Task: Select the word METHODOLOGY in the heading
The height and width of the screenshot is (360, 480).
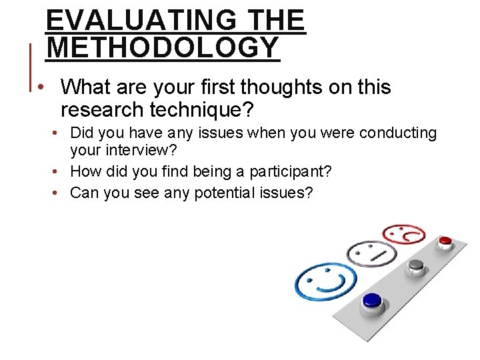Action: click(163, 48)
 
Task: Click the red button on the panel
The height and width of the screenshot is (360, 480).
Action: click(445, 241)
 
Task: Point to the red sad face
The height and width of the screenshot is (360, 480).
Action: click(404, 234)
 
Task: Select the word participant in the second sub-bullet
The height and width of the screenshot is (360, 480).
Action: click(285, 171)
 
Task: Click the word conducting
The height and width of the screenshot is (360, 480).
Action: click(398, 133)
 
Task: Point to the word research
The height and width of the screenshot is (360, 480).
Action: click(93, 109)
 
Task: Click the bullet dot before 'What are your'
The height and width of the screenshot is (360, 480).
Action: click(41, 88)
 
